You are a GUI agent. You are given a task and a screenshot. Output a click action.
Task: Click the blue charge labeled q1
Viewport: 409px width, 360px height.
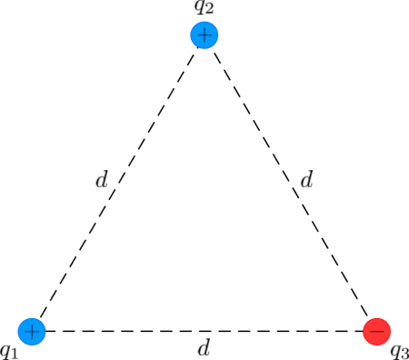click(x=32, y=331)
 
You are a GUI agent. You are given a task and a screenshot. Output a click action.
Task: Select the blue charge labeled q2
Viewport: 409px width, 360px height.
click(x=204, y=35)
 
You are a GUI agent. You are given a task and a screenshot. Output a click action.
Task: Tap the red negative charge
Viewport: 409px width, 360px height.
click(x=376, y=331)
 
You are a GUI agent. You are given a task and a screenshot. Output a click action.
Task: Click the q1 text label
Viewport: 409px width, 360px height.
click(x=9, y=350)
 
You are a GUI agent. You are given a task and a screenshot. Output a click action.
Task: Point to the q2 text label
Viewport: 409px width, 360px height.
click(x=204, y=8)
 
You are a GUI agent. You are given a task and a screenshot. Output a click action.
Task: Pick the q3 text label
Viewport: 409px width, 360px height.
click(x=400, y=351)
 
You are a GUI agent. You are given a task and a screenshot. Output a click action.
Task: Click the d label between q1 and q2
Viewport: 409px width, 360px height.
click(x=102, y=180)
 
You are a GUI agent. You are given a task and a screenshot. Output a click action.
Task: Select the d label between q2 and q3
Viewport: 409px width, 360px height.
click(x=306, y=180)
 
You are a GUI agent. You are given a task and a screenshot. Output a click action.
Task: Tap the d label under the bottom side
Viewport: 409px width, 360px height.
click(x=204, y=348)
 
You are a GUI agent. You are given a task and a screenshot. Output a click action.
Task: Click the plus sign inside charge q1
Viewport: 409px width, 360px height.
click(x=32, y=331)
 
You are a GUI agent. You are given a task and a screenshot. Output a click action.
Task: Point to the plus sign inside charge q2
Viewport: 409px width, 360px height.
click(x=204, y=35)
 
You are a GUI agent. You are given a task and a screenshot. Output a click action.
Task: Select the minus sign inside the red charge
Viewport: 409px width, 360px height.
click(x=376, y=331)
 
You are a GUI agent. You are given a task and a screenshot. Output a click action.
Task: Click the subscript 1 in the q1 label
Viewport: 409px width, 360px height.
click(x=15, y=353)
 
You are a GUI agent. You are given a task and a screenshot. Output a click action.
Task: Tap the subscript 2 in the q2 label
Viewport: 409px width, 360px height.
click(x=209, y=11)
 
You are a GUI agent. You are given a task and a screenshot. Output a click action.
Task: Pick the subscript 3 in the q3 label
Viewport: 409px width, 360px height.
click(x=405, y=354)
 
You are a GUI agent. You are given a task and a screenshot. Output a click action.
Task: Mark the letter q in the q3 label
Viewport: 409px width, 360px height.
click(x=395, y=350)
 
